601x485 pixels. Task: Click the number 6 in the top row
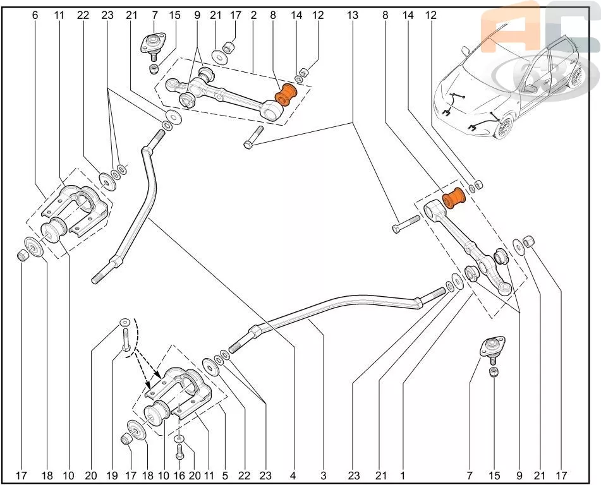pos(35,15)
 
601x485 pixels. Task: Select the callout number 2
pos(253,15)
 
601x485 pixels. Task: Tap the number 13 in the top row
pos(352,15)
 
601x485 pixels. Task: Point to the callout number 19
pos(112,475)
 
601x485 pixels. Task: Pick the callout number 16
pos(179,475)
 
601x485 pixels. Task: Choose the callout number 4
pos(293,475)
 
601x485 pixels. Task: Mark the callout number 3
pos(323,475)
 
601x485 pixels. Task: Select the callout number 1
pos(402,475)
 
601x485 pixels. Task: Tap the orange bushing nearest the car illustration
pos(453,198)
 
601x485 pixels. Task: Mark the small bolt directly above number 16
pos(179,450)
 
